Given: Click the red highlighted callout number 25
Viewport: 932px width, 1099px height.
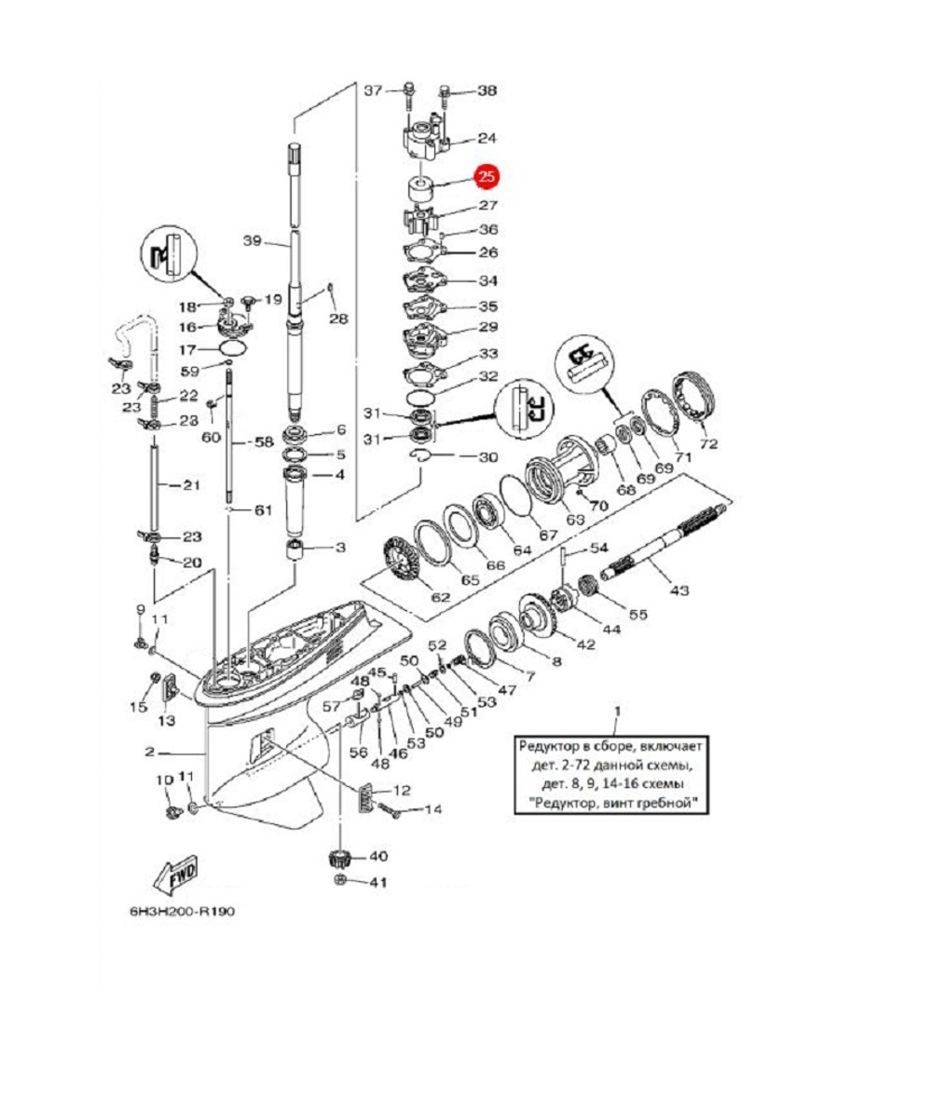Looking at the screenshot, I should click(487, 176).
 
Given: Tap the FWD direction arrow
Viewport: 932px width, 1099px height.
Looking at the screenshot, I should click(173, 872).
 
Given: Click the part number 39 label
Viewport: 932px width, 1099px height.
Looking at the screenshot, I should click(252, 241).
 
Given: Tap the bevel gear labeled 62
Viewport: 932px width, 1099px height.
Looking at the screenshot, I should click(404, 563).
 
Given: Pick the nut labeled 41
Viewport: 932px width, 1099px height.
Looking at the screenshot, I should click(340, 882).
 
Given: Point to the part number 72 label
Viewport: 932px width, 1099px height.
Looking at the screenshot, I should click(708, 443).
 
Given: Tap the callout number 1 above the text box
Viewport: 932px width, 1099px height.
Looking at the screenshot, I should click(615, 715).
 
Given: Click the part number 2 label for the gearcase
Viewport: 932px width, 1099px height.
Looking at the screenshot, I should click(150, 751).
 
